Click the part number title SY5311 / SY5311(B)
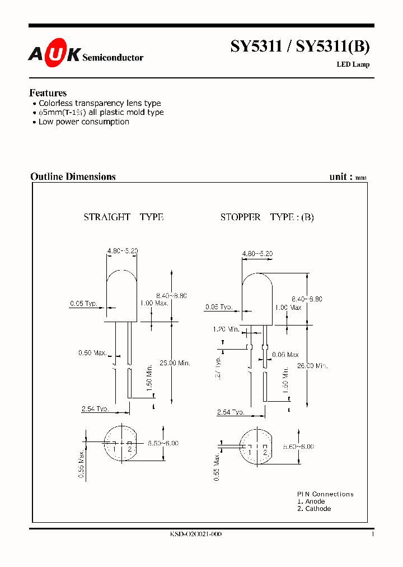tap(300, 48)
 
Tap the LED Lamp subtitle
tap(353, 64)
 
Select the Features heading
tap(48, 93)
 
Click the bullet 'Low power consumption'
tap(83, 122)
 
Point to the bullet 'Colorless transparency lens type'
tap(100, 103)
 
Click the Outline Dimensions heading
tap(73, 176)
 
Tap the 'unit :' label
tap(341, 176)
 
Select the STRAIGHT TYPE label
tap(123, 217)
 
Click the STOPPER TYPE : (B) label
tap(267, 217)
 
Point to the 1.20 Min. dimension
tap(226, 329)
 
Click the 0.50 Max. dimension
tap(92, 352)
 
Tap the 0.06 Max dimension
tap(285, 355)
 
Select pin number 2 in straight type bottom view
tap(129, 449)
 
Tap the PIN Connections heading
tap(325, 494)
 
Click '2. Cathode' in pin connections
tap(314, 509)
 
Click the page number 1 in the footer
tap(372, 535)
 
